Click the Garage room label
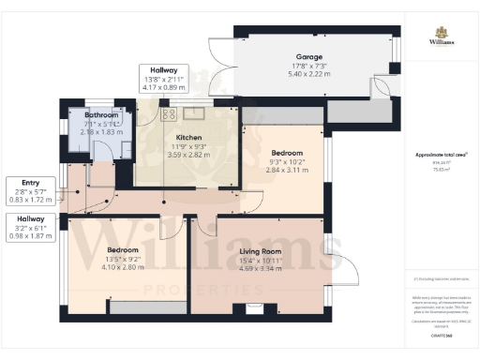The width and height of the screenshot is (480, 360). coord(301,58)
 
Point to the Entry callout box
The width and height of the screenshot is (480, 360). coord(25,188)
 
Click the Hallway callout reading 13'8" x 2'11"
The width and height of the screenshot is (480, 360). coord(164,78)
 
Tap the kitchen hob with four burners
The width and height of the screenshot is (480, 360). coord(170,114)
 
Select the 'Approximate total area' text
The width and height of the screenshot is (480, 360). coord(441,154)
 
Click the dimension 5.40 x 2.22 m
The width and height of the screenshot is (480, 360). coord(301,74)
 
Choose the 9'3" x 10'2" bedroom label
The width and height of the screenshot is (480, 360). coord(286,161)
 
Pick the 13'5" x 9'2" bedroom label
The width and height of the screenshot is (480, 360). coord(122,259)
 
